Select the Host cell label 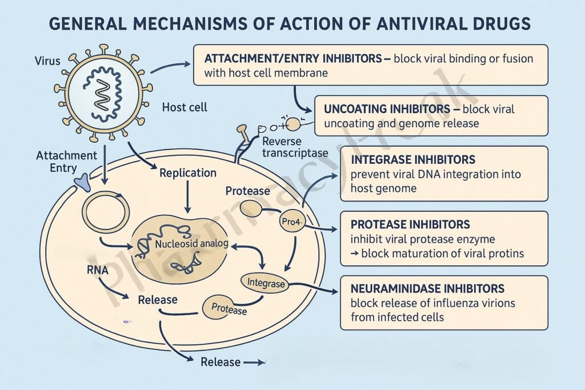tap(185, 107)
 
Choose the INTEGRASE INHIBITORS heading tap(414, 159)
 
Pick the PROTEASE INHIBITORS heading tap(411, 224)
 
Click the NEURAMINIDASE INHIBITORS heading tap(427, 288)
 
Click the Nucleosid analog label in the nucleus tap(192, 244)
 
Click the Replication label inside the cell tap(188, 172)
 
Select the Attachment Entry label tap(66, 162)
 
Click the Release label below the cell tap(221, 362)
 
